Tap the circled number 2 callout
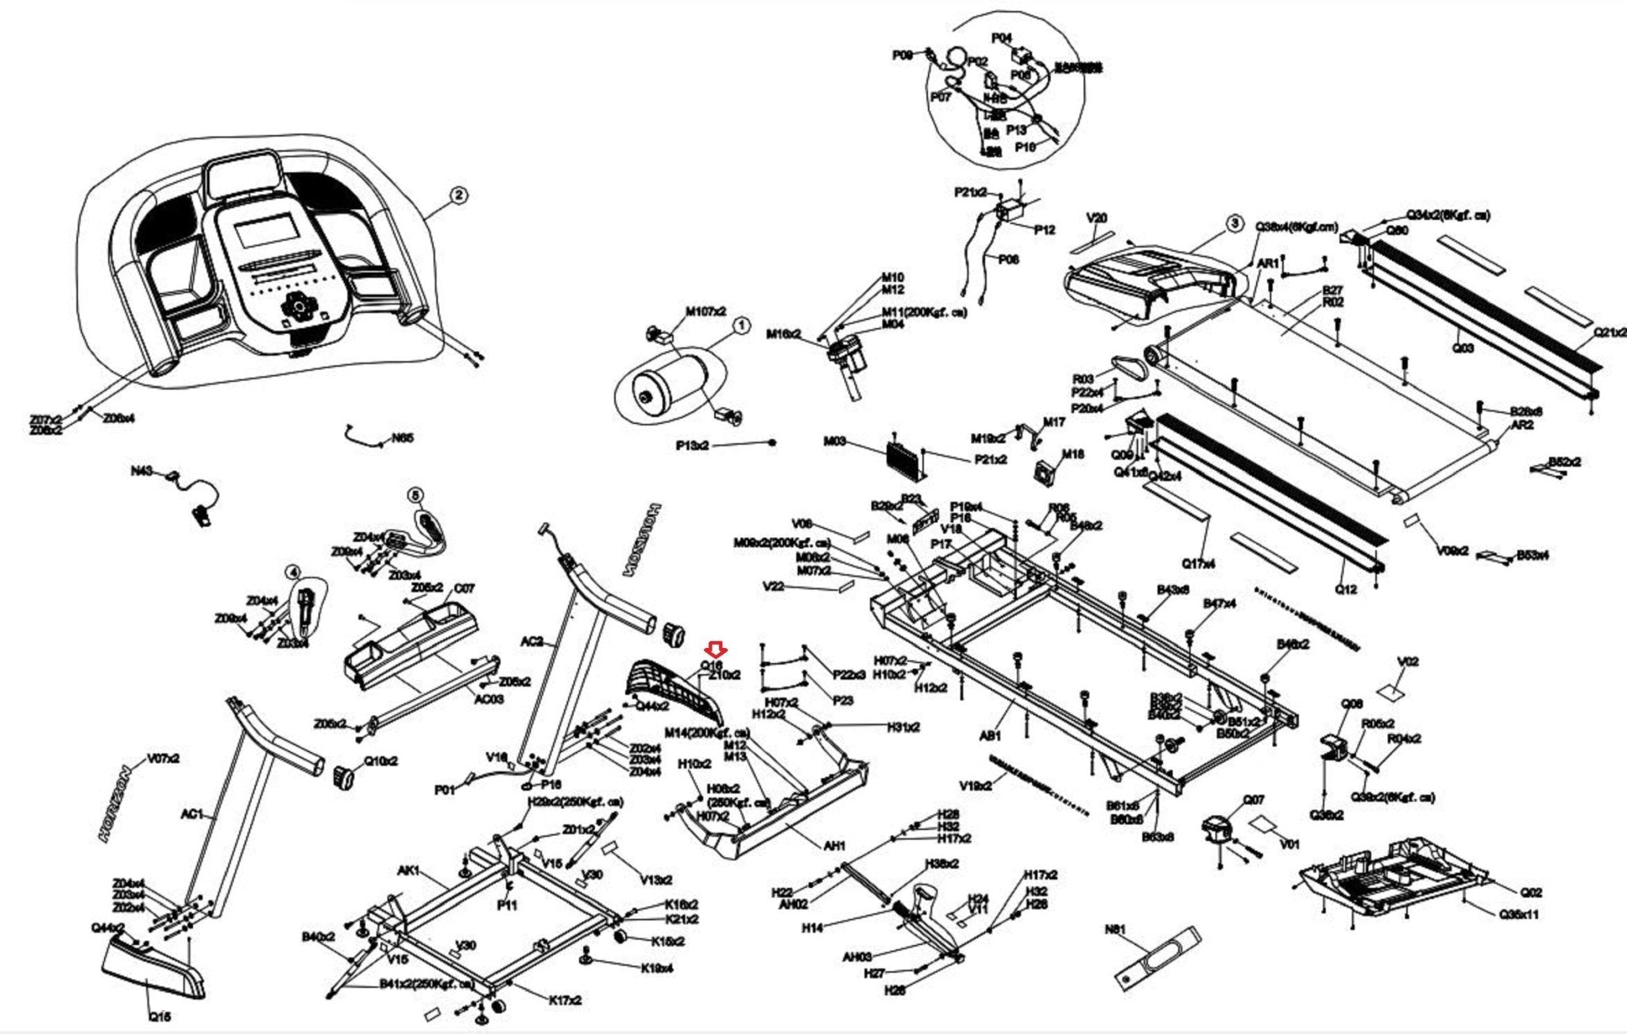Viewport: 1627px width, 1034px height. pos(458,195)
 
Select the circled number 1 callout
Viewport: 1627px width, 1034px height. pos(740,326)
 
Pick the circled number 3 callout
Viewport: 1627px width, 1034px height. pos(1234,224)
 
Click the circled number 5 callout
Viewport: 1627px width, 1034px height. pos(415,496)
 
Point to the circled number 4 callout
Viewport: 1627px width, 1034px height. pos(293,572)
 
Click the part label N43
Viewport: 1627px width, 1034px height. pos(141,472)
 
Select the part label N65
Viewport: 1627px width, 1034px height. pos(403,438)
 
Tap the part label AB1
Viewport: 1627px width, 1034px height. pos(990,736)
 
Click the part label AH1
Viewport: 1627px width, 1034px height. pos(834,846)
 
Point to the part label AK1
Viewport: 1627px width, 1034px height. pos(408,871)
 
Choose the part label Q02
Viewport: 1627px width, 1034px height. pos(1531,893)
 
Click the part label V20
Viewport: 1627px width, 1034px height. pos(1096,218)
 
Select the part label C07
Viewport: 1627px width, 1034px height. pos(464,588)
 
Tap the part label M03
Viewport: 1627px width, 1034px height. pos(834,441)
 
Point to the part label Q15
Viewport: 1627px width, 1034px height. pos(159,1016)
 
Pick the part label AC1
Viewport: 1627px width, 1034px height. pos(192,814)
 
